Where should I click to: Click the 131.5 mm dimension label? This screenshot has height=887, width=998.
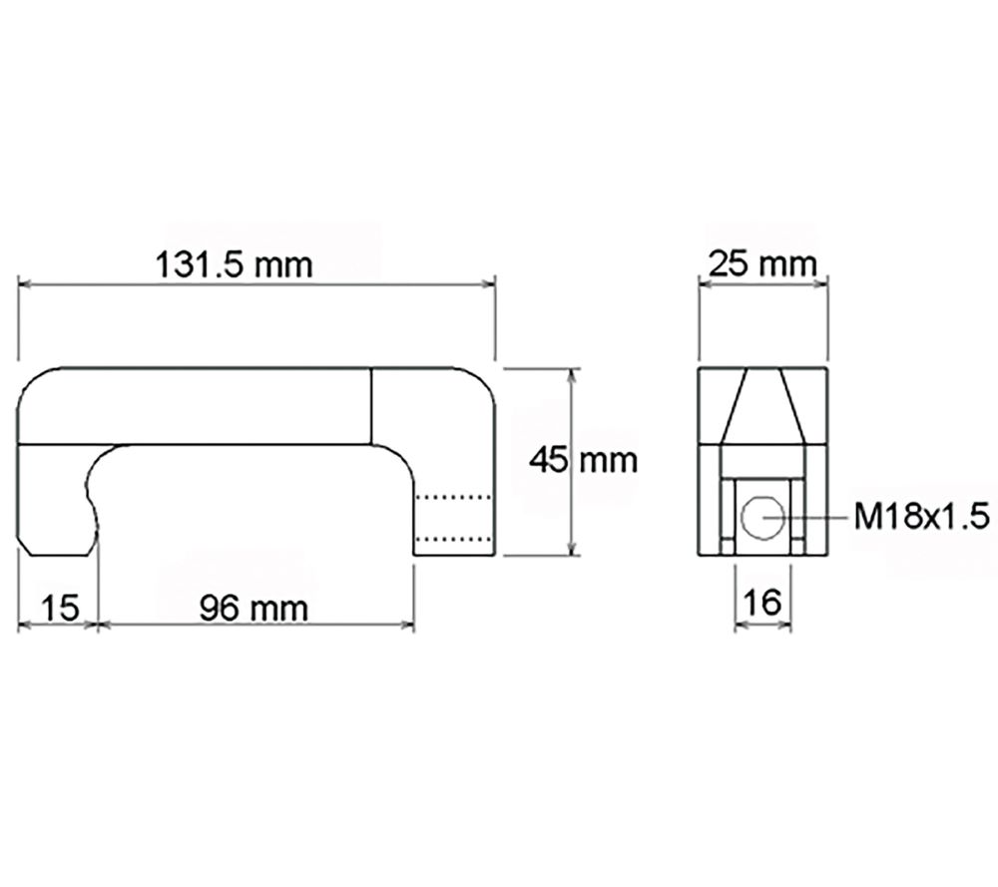click(235, 265)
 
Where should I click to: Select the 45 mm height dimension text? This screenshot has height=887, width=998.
click(584, 460)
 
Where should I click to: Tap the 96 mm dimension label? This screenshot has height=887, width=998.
click(253, 607)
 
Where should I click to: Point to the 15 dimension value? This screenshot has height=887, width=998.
click(60, 607)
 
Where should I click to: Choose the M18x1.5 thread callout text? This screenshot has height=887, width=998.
click(921, 516)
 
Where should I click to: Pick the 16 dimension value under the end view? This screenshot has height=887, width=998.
click(763, 604)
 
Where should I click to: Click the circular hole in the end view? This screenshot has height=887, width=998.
click(763, 516)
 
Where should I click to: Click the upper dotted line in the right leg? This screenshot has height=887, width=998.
click(454, 496)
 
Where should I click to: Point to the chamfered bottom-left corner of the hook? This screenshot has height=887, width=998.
click(29, 548)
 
